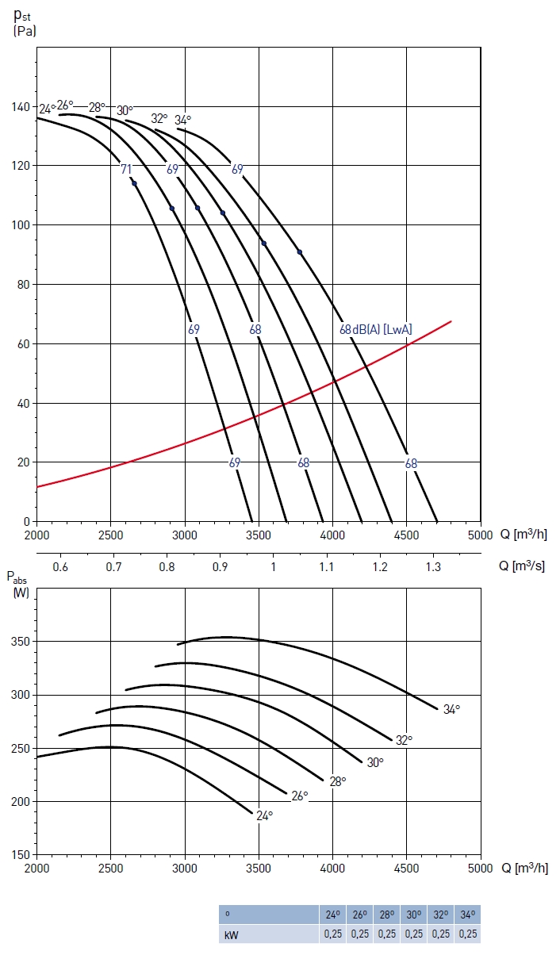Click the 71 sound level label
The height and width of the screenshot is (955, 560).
[x=126, y=169]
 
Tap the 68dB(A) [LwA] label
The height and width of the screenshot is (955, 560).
[x=376, y=329]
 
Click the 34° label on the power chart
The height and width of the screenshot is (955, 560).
[x=451, y=710]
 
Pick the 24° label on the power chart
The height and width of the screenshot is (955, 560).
[x=264, y=815]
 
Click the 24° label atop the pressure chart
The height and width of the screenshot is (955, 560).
[x=47, y=109]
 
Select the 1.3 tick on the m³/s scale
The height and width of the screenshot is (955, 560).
[x=433, y=567]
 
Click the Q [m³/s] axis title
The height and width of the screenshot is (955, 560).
[x=521, y=567]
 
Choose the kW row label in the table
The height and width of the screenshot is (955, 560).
[x=232, y=934]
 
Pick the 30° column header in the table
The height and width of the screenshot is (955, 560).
[x=413, y=915]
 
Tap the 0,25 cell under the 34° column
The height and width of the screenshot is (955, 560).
[x=467, y=934]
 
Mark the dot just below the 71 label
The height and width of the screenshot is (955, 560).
[x=134, y=184]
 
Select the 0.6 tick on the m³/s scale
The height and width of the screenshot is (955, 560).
[x=60, y=567]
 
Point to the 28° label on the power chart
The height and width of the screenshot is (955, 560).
[x=338, y=781]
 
